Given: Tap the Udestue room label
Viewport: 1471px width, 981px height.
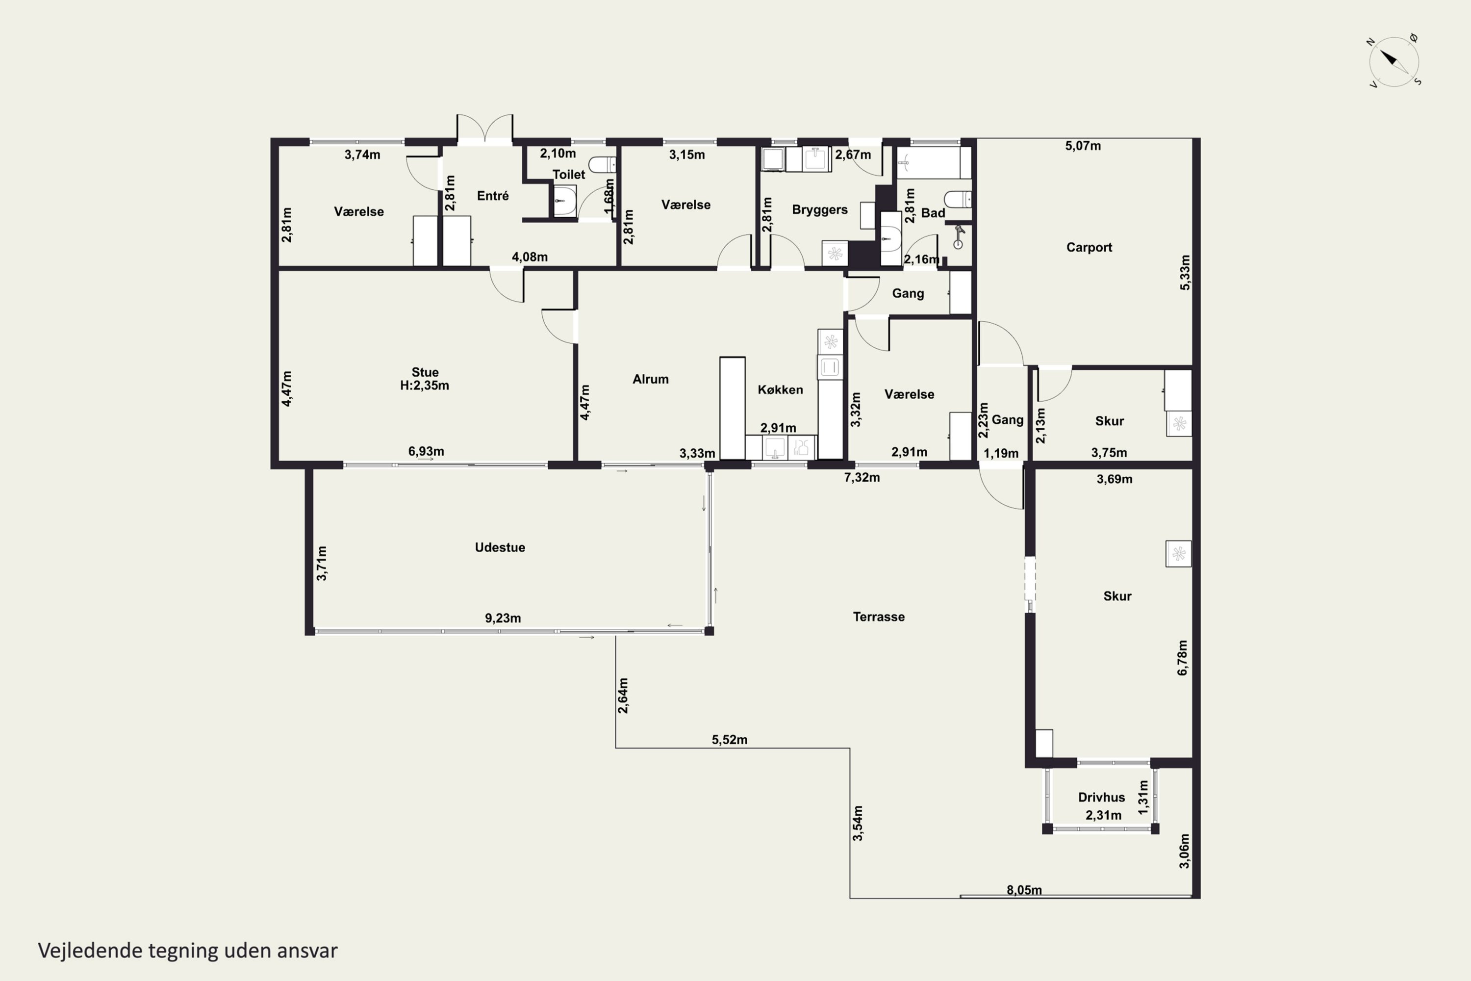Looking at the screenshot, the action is tap(500, 547).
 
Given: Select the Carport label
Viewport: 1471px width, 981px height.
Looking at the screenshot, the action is tap(1089, 248).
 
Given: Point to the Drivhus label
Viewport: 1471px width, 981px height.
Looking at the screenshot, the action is tap(1101, 798).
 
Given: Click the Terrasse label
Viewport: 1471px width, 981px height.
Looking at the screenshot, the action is tap(879, 617).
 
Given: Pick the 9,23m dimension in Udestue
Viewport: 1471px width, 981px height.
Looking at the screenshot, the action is tap(503, 618).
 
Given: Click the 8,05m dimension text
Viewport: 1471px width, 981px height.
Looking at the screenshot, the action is tap(1024, 890).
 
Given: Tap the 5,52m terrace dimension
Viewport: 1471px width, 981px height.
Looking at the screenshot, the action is tap(729, 740).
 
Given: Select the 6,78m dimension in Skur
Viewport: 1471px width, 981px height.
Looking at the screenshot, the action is tap(1182, 658).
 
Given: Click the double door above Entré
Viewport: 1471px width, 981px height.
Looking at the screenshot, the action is tap(485, 129).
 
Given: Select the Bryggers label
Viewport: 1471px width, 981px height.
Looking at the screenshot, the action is tap(820, 209).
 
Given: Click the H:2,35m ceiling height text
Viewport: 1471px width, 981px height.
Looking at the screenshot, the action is tap(425, 386).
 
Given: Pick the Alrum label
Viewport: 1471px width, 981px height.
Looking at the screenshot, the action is tap(651, 379).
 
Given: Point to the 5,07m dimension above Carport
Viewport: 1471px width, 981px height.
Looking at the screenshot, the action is tap(1083, 146).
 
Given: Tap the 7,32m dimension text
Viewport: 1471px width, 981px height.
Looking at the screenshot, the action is tap(862, 477).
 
